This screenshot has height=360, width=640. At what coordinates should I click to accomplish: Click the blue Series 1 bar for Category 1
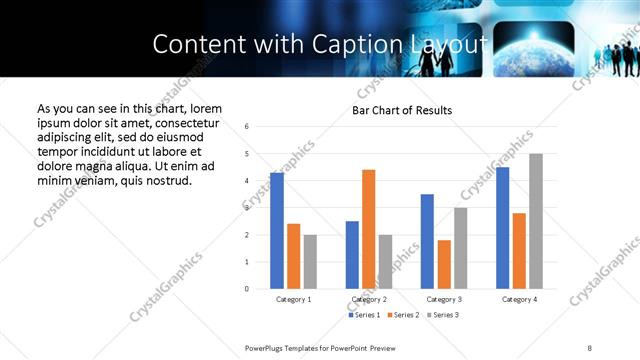click(276, 231)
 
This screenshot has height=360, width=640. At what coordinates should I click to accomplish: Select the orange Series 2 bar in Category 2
click(368, 229)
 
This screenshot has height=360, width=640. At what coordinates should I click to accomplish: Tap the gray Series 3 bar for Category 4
click(536, 221)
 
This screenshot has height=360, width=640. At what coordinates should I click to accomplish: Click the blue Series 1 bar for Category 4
click(502, 228)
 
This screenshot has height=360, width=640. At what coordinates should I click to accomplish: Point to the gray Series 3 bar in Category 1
click(310, 262)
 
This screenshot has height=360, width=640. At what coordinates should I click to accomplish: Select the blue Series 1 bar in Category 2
click(352, 255)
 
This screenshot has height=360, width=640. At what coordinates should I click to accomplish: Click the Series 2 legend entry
click(402, 315)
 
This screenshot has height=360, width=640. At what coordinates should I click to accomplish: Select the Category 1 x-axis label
click(293, 299)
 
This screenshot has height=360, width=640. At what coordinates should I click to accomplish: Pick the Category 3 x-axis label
click(444, 299)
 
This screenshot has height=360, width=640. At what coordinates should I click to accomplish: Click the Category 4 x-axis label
click(519, 299)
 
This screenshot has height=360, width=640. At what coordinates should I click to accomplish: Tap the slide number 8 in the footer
click(590, 347)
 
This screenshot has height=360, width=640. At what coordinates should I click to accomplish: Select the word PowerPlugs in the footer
click(265, 347)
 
